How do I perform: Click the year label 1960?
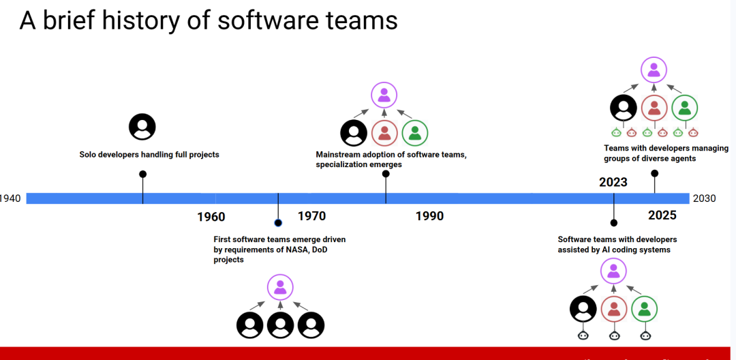(x=211, y=217)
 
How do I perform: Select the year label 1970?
(x=311, y=216)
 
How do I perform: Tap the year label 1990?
(x=429, y=216)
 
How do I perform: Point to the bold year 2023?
(x=613, y=182)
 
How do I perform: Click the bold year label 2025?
(x=662, y=215)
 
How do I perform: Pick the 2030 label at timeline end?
(x=705, y=198)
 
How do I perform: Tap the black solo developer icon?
(x=142, y=127)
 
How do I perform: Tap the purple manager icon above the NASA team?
(x=280, y=287)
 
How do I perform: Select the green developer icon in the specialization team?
(x=415, y=133)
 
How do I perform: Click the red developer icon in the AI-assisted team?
(x=614, y=309)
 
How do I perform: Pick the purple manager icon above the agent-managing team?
(x=654, y=70)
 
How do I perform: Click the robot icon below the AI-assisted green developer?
(x=645, y=335)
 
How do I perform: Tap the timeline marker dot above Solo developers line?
(x=143, y=174)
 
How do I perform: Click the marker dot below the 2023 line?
(x=613, y=222)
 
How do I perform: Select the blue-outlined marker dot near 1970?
(x=278, y=222)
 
